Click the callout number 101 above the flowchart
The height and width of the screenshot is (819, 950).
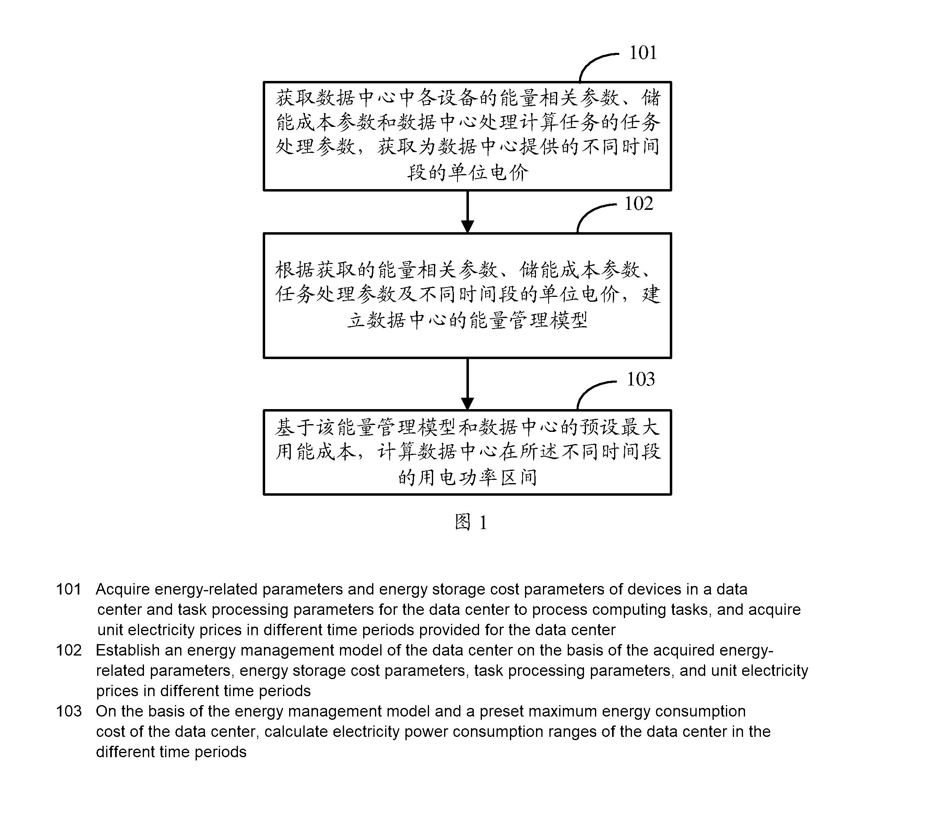point(643,53)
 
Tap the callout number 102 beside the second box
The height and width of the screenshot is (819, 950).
point(638,204)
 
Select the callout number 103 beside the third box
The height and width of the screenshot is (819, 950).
point(641,379)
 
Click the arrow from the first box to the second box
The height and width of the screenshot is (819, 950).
point(467,212)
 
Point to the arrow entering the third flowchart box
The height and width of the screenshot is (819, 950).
point(467,384)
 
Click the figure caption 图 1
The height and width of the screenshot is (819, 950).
point(471,522)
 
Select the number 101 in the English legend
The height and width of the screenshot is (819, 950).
point(69,589)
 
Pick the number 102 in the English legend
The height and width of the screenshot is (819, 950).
point(69,650)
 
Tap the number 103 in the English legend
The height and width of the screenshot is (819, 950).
point(69,711)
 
